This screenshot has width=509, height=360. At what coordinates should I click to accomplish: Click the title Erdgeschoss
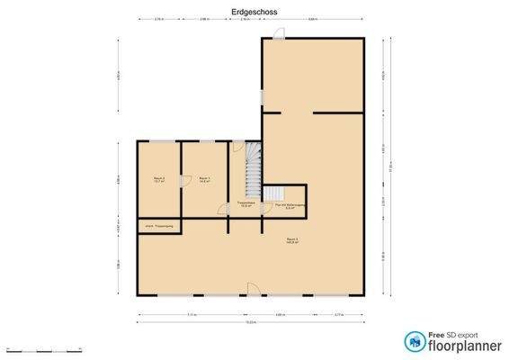[254, 11]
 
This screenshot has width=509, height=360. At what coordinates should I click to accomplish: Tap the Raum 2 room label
[157, 179]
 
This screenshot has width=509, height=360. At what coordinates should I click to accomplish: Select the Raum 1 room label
[204, 179]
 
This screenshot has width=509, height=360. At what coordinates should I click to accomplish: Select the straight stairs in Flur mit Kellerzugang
[273, 193]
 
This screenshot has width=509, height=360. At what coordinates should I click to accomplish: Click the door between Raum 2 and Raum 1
[183, 180]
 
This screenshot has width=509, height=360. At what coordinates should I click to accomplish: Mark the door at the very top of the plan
[279, 34]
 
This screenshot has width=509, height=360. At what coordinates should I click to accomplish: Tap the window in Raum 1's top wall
[206, 140]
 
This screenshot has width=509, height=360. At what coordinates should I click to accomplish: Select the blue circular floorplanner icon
[415, 340]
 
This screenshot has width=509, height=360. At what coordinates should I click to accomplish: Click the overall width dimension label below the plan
[252, 322]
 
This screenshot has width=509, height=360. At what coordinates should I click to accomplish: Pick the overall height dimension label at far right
[391, 166]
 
